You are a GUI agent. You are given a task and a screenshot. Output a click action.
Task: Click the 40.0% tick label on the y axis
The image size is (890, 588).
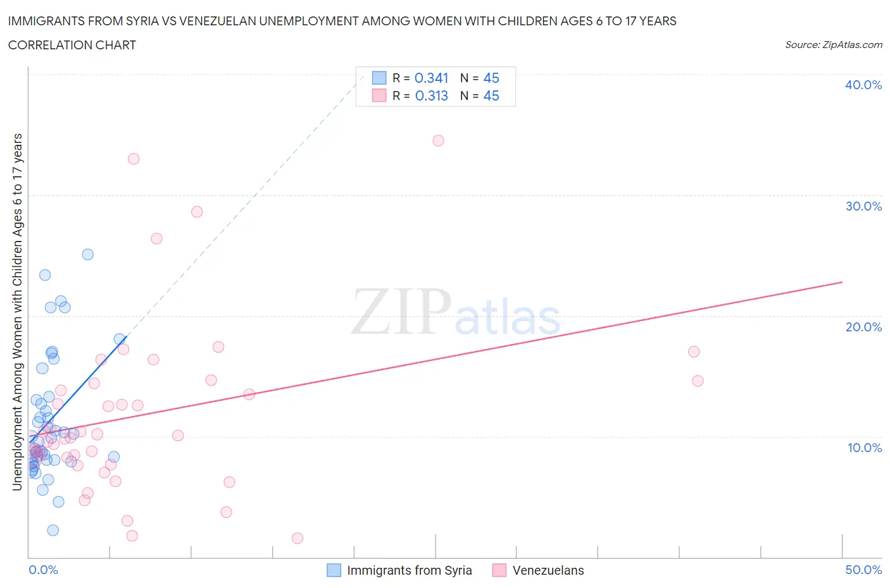point(863,85)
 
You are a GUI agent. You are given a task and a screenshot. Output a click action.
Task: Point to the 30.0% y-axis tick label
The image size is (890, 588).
point(863,206)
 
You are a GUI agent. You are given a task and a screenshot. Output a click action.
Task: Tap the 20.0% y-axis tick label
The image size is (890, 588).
point(863,327)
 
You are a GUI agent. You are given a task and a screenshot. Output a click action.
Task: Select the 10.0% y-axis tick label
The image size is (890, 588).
point(864,448)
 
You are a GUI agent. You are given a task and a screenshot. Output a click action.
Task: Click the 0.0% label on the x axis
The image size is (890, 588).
point(43,570)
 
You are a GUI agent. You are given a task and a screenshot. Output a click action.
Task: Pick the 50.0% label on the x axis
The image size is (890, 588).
point(863,570)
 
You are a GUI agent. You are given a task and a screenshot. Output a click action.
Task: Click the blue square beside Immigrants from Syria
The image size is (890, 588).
point(334,570)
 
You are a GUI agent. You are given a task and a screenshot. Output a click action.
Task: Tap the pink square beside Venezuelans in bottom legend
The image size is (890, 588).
point(499,570)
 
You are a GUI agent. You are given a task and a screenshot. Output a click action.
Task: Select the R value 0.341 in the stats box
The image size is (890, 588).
point(431,78)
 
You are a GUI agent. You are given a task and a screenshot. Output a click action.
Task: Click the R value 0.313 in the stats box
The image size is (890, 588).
point(431,95)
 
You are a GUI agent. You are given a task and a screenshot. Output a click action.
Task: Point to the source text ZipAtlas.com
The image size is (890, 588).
point(833,44)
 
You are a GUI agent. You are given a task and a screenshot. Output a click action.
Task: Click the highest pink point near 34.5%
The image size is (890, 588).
point(438,140)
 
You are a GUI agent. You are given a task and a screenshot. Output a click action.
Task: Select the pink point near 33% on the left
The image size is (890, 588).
point(134,159)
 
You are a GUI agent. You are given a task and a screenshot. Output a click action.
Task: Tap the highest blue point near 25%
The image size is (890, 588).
point(88,254)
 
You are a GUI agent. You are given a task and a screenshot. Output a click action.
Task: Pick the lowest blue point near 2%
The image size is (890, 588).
point(53,530)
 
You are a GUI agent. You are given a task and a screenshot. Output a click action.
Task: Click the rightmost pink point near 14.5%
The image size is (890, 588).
point(698,381)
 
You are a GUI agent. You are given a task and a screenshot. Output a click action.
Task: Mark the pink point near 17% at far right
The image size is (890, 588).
point(694,352)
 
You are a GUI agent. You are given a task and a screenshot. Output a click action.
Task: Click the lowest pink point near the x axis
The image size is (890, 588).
point(298,538)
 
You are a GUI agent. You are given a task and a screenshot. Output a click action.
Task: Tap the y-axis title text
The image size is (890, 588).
point(18,312)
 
